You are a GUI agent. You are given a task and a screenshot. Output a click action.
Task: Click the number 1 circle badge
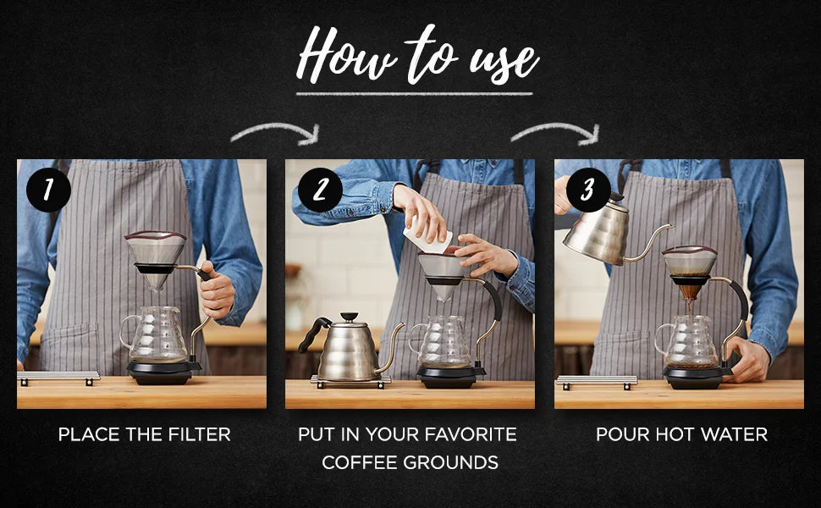[47, 190]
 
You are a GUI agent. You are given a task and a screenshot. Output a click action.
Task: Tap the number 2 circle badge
[320, 190]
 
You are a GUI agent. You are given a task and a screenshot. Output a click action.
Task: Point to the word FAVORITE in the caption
[471, 435]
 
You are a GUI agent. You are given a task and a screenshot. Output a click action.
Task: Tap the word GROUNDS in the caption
[455, 462]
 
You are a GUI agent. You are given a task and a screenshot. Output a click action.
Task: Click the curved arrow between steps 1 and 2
[276, 133]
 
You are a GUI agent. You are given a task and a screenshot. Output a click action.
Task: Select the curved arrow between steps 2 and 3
[556, 133]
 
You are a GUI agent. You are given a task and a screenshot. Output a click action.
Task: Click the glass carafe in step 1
[157, 336]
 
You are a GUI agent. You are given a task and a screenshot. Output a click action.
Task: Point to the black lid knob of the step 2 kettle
[348, 317]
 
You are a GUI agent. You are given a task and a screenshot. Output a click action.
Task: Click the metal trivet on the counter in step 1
[58, 376]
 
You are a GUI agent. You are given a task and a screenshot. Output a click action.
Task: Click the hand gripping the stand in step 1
[218, 290]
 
